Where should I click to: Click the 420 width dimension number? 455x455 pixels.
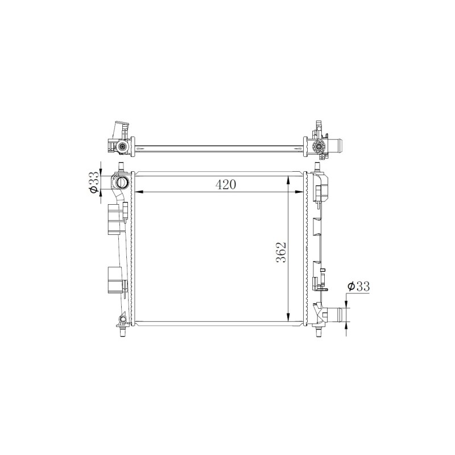226,184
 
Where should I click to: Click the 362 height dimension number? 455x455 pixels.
281,252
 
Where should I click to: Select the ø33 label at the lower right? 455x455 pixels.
359,287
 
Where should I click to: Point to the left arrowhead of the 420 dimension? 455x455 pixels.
140,192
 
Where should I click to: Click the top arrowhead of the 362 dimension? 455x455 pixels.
288,180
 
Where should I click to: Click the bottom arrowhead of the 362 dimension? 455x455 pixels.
288,317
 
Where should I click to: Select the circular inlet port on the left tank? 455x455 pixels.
121,182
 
